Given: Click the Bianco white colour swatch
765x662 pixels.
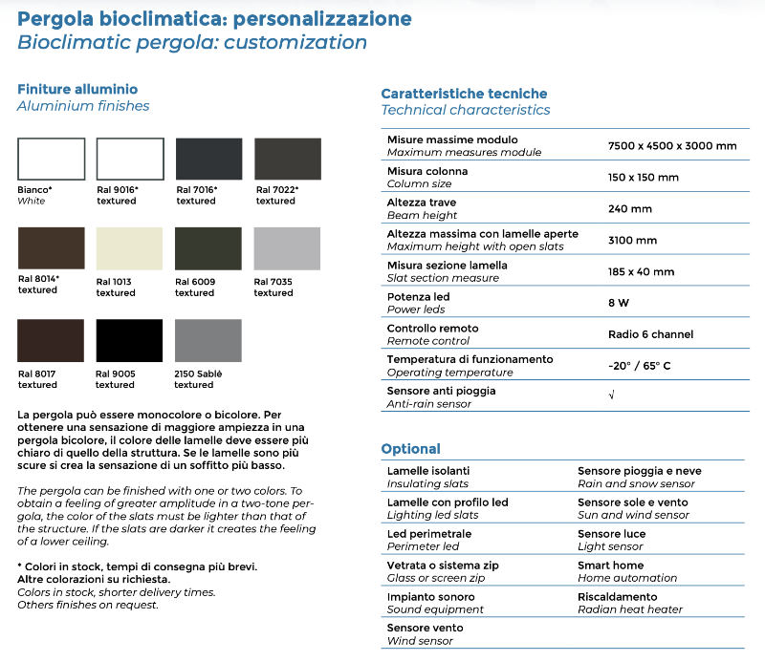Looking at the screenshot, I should [51, 159].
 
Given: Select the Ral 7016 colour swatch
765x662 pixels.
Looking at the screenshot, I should [208, 159].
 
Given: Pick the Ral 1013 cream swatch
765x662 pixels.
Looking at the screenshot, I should [130, 249].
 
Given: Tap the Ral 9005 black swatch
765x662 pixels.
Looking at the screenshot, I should [130, 340].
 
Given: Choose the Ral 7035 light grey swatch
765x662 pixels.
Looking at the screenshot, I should [287, 249].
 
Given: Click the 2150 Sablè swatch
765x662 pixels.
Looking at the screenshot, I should [208, 340].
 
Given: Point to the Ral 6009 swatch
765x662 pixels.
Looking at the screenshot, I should [208, 249].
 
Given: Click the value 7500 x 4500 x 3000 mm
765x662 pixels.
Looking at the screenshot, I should [672, 145].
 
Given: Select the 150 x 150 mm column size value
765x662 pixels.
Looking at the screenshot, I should [644, 177].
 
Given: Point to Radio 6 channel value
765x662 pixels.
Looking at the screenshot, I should [650, 334].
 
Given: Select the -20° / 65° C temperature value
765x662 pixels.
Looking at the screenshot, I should [640, 366].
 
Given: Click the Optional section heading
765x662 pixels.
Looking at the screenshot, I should [410, 449].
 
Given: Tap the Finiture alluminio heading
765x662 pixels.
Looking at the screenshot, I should [77, 89].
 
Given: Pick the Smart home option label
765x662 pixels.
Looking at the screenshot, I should [610, 565].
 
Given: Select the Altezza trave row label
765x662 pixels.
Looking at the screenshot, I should [422, 203].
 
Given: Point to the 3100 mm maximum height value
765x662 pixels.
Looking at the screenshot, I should [632, 240].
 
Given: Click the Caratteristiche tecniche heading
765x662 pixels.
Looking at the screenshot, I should [464, 94].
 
